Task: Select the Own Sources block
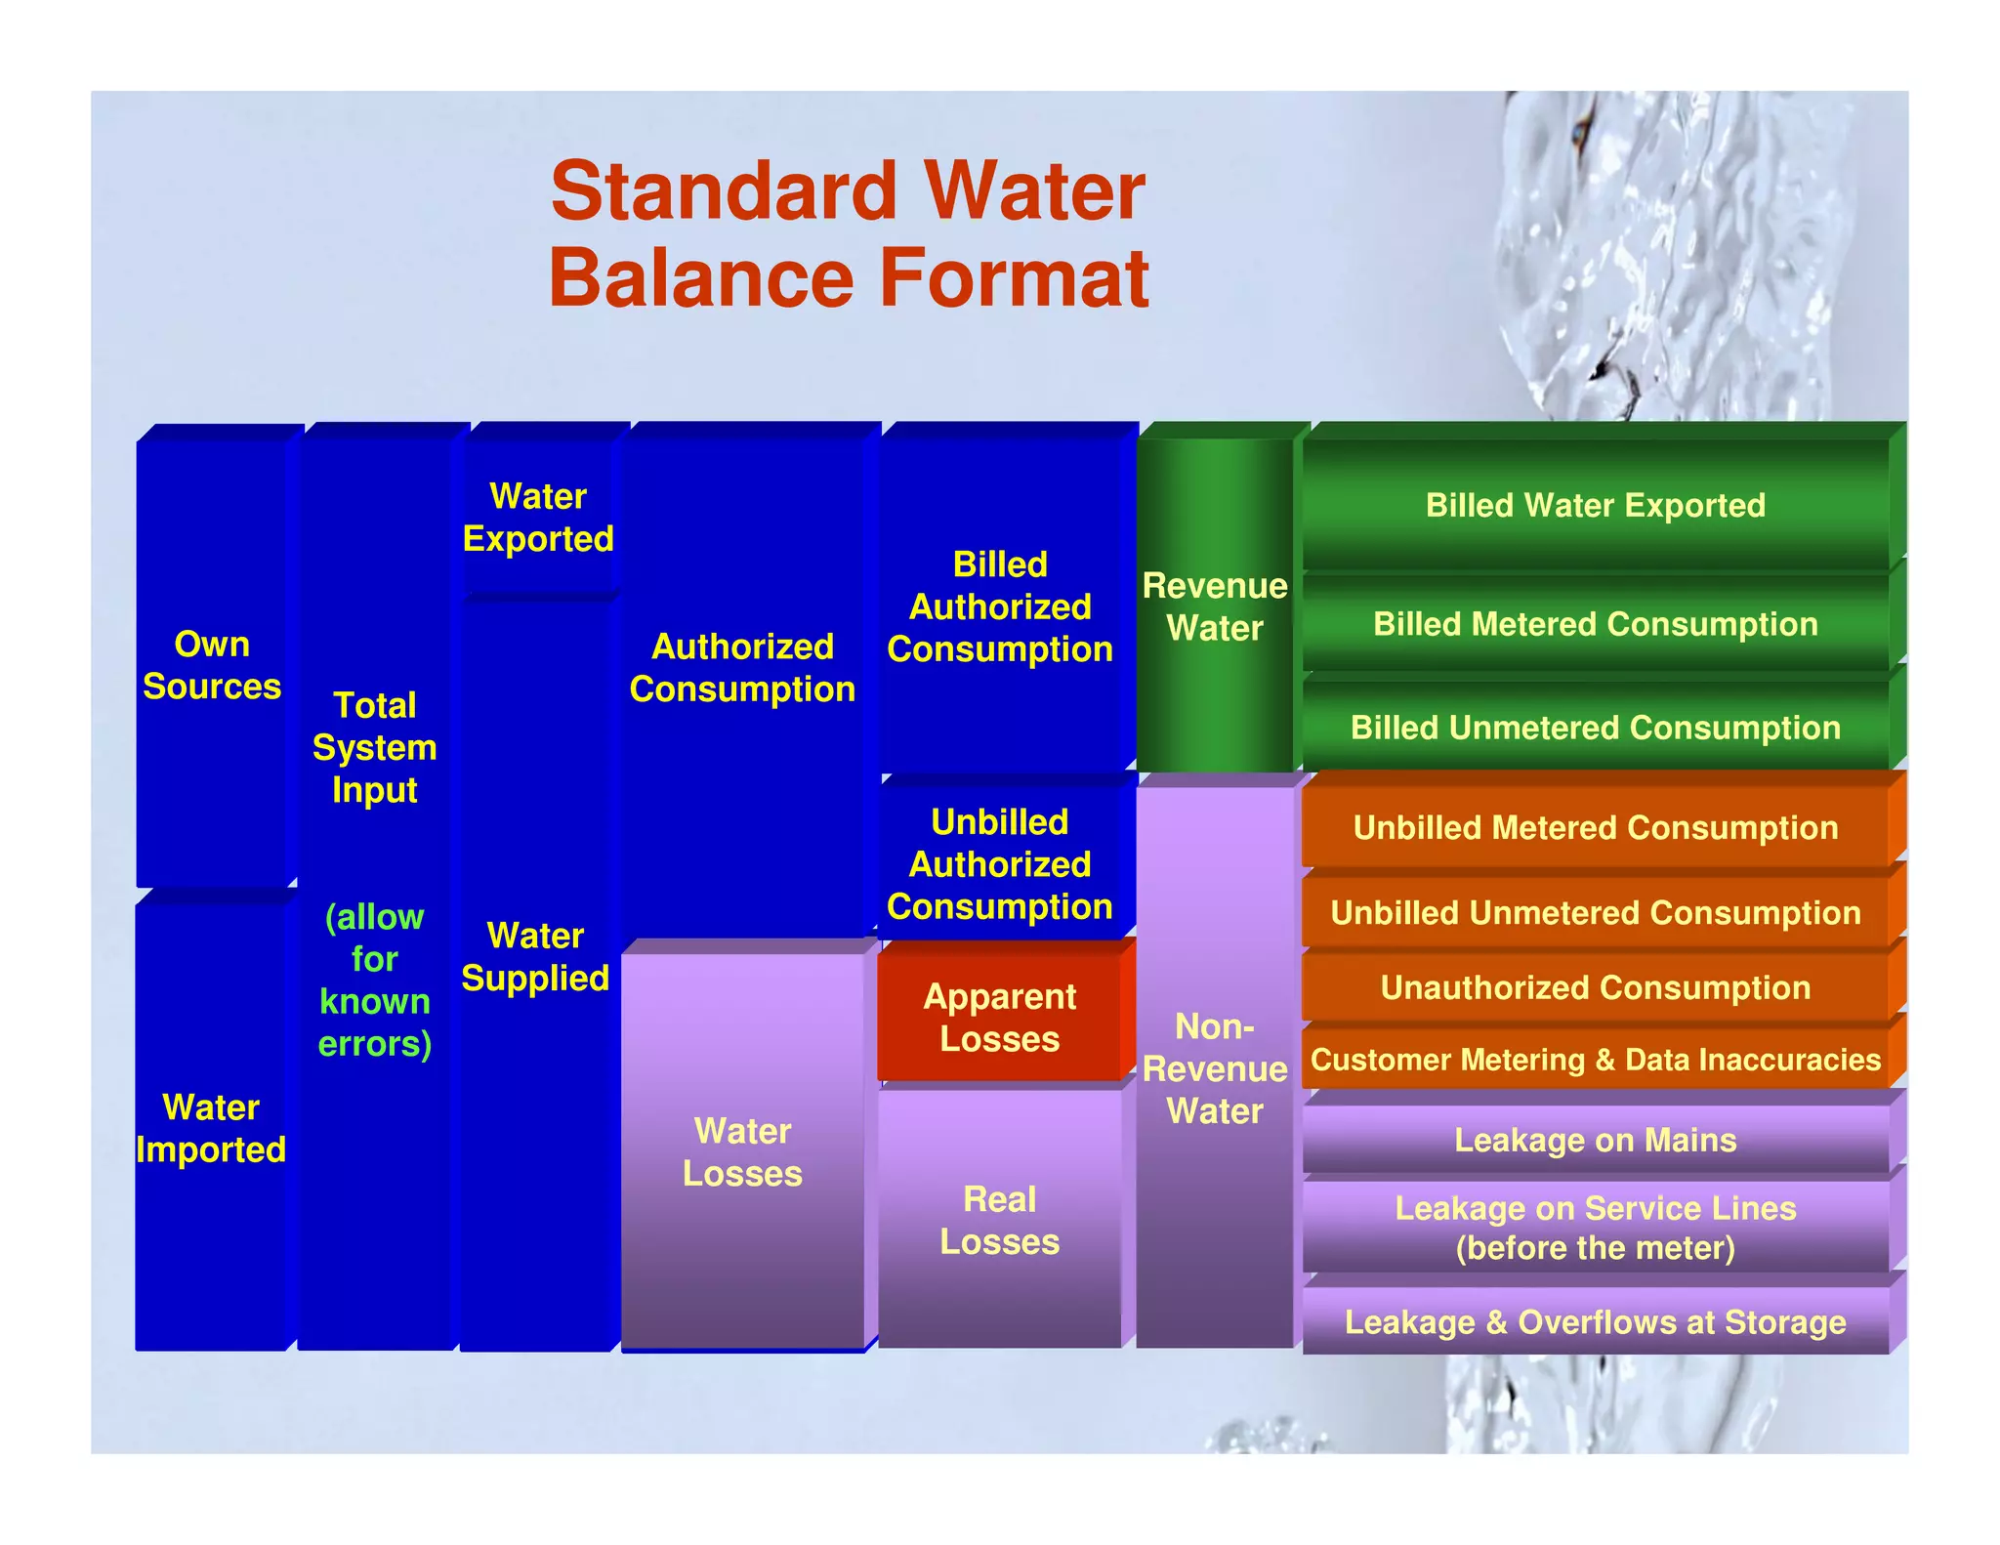point(212,665)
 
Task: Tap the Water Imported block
point(211,1128)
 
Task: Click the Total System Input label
point(375,747)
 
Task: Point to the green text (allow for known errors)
point(375,980)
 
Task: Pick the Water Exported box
point(538,518)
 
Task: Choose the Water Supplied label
point(535,957)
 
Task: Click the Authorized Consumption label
point(742,668)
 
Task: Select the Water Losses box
point(742,1152)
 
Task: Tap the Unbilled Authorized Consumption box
point(999,864)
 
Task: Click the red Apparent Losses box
point(999,1018)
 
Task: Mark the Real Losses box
point(999,1221)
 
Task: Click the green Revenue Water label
point(1215,606)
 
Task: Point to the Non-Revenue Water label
point(1215,1068)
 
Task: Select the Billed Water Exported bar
point(1595,505)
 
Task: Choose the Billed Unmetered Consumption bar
point(1595,728)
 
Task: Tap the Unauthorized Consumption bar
point(1595,987)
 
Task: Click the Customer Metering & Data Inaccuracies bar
point(1595,1060)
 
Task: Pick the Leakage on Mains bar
point(1595,1140)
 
